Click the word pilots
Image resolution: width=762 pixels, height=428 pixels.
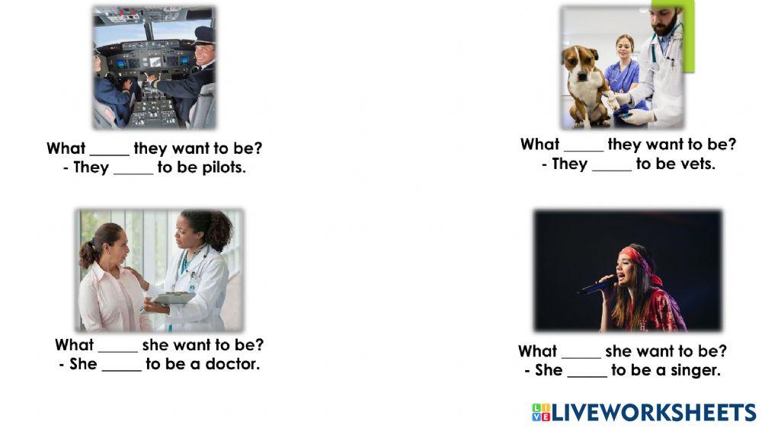point(223,168)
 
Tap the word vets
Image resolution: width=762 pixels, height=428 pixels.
point(697,164)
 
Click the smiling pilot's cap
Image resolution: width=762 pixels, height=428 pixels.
point(205,34)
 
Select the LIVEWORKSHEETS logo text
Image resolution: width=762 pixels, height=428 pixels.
point(653,413)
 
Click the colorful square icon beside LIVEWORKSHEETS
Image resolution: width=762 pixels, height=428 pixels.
point(540,413)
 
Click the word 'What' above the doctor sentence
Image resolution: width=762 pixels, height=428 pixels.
point(74,345)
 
